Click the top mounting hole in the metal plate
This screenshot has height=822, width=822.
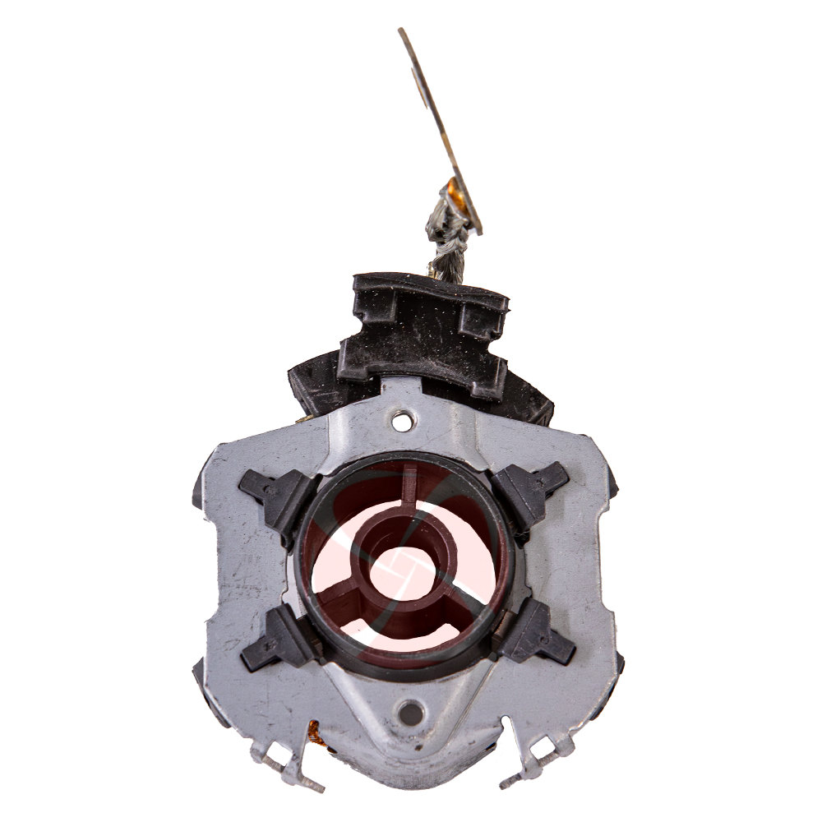402,421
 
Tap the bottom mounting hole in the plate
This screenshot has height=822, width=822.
409,712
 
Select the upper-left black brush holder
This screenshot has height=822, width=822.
275,496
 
